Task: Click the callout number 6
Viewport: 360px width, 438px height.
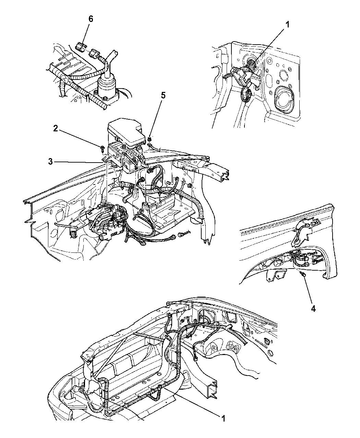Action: [x=91, y=19]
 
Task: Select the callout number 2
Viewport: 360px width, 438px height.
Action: [x=56, y=129]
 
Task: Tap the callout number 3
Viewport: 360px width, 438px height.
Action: [x=50, y=162]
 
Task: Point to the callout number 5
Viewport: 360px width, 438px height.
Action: [x=163, y=96]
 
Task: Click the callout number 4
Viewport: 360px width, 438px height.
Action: [x=313, y=315]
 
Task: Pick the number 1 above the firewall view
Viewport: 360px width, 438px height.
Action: [x=287, y=25]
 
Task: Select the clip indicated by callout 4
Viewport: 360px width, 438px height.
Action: [x=302, y=274]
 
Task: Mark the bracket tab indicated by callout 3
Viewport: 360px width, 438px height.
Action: [x=105, y=159]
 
